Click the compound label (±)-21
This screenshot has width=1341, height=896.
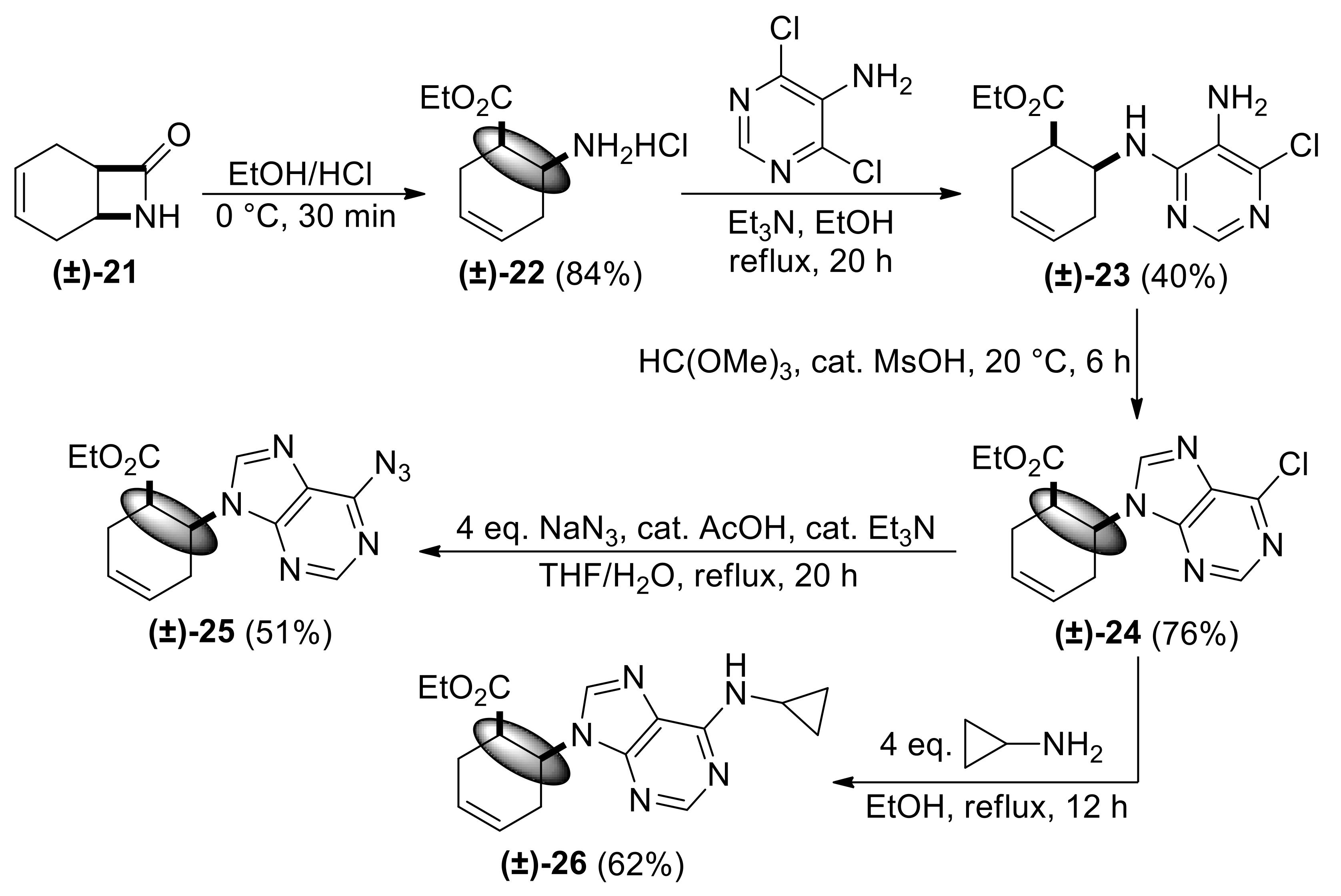click(95, 274)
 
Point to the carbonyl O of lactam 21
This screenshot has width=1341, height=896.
click(179, 136)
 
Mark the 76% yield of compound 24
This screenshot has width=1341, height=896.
click(1195, 635)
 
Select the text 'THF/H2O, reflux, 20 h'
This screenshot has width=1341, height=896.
click(698, 576)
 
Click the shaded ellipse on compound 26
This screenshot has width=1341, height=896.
click(522, 750)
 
